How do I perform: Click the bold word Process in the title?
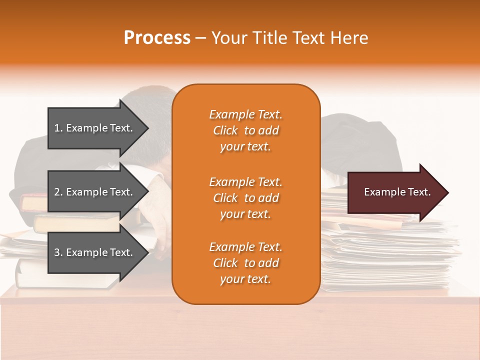pyautogui.click(x=157, y=38)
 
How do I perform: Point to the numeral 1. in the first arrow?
pyautogui.click(x=58, y=128)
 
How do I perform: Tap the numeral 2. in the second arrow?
pyautogui.click(x=58, y=192)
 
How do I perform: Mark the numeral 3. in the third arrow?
pyautogui.click(x=58, y=252)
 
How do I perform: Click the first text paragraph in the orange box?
pyautogui.click(x=245, y=130)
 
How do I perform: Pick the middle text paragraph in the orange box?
pyautogui.click(x=245, y=198)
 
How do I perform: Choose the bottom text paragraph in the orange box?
pyautogui.click(x=245, y=263)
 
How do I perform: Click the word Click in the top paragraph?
pyautogui.click(x=225, y=130)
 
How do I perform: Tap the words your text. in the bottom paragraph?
pyautogui.click(x=245, y=279)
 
